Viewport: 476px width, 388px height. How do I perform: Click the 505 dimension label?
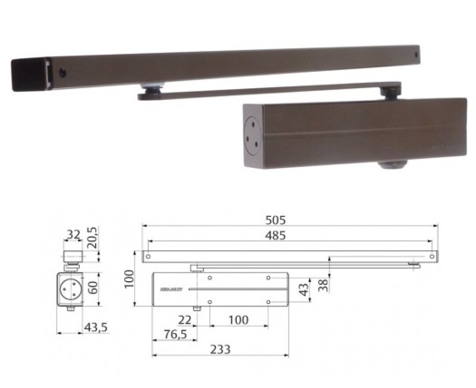(x=276, y=219)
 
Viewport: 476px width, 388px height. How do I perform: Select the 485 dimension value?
(x=276, y=235)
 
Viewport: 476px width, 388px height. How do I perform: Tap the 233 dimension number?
(x=220, y=349)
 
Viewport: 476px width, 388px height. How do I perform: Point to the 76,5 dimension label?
(x=175, y=334)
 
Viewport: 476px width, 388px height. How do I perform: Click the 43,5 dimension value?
(x=95, y=328)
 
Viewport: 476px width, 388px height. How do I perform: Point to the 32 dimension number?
(x=72, y=235)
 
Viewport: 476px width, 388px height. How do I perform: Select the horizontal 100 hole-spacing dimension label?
(x=239, y=320)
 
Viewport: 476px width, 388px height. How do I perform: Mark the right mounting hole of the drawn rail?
(x=432, y=256)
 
